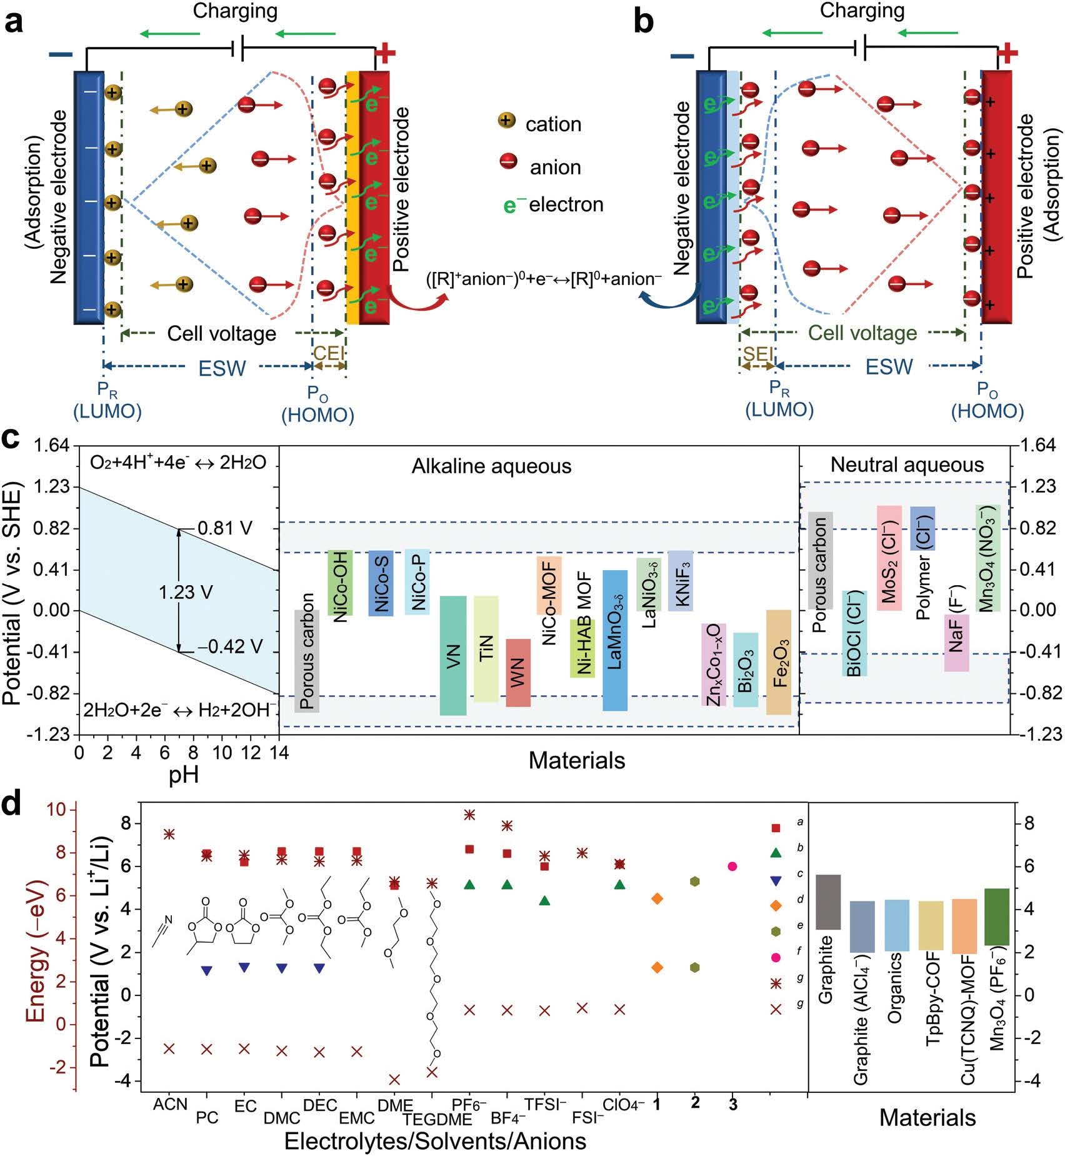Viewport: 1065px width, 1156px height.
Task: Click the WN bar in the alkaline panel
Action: coord(517,673)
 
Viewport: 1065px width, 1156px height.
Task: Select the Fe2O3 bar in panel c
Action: coord(778,662)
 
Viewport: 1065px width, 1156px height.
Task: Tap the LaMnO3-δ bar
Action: coord(614,640)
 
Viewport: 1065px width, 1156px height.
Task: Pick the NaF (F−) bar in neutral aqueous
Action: coord(956,643)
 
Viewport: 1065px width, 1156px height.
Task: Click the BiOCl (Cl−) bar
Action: coord(854,633)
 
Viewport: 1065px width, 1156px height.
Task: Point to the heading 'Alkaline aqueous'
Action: coord(491,466)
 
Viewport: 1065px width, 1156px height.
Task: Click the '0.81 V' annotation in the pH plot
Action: coord(224,528)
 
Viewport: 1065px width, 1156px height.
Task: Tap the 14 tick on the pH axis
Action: coord(279,752)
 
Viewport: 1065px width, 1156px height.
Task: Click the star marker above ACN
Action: coord(169,834)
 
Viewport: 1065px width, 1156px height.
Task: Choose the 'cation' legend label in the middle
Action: coord(553,124)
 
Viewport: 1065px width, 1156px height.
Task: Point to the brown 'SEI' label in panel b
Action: coord(757,354)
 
